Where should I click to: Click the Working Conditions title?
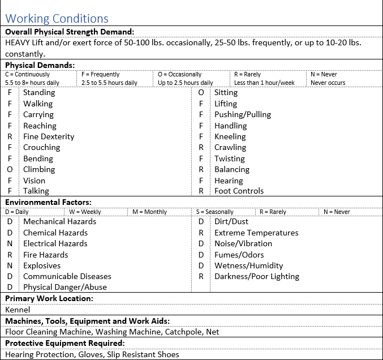click(x=57, y=19)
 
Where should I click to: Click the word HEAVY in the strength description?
click(x=19, y=42)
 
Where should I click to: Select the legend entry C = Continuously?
click(x=28, y=74)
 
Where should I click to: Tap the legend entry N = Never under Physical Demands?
click(x=324, y=74)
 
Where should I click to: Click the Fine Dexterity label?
click(x=49, y=136)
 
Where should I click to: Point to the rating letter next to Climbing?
click(x=10, y=169)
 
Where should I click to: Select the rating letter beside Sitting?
click(x=201, y=92)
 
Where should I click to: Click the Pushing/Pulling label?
click(x=243, y=114)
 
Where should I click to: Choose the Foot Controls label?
click(x=239, y=191)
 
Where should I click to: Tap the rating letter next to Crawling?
click(x=201, y=147)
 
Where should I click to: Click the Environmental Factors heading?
click(x=48, y=202)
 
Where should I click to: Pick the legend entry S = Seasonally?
click(x=215, y=212)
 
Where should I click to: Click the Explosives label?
click(x=42, y=265)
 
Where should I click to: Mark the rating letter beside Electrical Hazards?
click(x=10, y=243)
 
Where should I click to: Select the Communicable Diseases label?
click(x=67, y=276)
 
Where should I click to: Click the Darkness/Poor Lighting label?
click(x=257, y=276)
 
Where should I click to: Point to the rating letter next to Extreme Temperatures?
click(x=201, y=233)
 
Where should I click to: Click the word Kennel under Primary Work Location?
click(x=18, y=310)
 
